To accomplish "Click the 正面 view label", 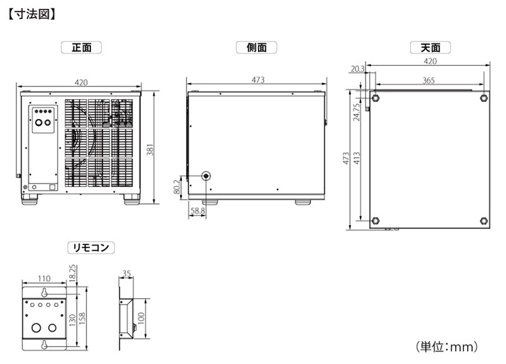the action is [x=82, y=48].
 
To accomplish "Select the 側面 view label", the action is [x=257, y=48].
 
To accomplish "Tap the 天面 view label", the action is [x=430, y=48].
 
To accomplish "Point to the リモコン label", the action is [x=91, y=248].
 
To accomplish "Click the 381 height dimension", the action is [x=150, y=149].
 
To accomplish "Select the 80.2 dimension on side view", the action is [x=177, y=187].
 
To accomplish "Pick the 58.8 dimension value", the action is [x=197, y=211].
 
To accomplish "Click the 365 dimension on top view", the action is [x=429, y=80].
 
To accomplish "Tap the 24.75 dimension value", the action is [x=356, y=112].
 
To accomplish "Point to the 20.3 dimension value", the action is [x=357, y=69].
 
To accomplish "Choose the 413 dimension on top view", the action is [x=356, y=158].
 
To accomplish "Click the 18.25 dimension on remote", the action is [x=73, y=273].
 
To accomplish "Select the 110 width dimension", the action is [x=44, y=279].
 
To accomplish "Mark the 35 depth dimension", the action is [x=126, y=273].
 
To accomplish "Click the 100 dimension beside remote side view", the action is [x=141, y=319].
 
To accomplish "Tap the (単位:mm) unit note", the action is [x=447, y=347].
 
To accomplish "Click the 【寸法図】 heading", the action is [x=32, y=15].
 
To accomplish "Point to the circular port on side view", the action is [x=206, y=176].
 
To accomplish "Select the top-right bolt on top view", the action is [x=484, y=98].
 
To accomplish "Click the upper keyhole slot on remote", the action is [x=44, y=292].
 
